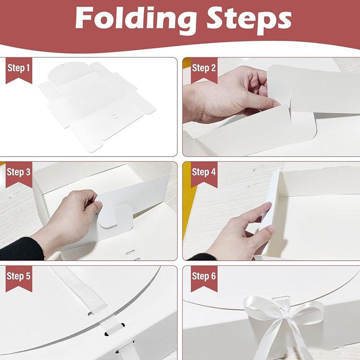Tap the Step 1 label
tap(19, 68)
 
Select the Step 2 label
tap(204, 68)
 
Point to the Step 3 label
tap(19, 172)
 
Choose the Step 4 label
tap(204, 172)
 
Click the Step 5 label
tap(19, 276)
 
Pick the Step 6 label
tap(204, 276)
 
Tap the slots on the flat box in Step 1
tap(116, 116)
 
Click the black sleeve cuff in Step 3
tap(22, 249)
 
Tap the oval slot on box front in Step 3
tap(130, 252)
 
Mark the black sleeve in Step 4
tap(202, 257)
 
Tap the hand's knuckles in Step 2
tap(250, 76)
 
